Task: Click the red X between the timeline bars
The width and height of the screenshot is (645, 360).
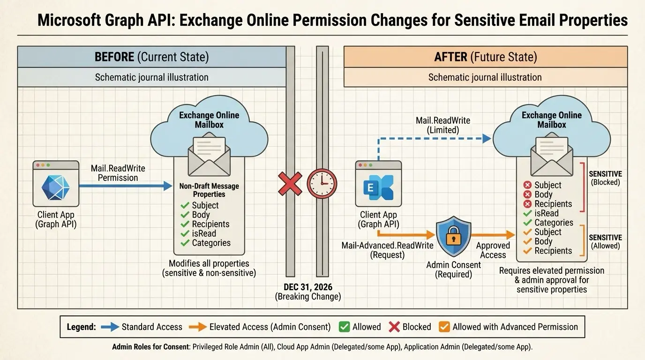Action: click(290, 183)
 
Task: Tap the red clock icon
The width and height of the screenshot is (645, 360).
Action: click(322, 183)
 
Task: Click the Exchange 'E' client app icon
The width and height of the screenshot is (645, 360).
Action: click(378, 187)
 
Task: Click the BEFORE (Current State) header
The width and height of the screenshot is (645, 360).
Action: click(151, 57)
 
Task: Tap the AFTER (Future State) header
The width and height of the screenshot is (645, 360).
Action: click(485, 57)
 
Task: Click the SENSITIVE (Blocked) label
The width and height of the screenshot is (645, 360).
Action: click(605, 178)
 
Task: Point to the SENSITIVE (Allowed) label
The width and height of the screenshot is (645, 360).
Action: click(605, 241)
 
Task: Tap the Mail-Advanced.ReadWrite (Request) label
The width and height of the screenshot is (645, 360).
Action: click(387, 250)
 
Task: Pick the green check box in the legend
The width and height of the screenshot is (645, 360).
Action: click(344, 327)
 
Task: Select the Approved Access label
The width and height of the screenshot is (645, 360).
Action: click(493, 250)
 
